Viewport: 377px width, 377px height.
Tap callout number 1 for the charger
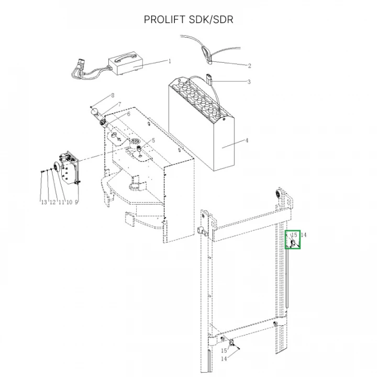170,61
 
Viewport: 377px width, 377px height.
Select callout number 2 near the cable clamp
249,66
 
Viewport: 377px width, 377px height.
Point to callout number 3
249,82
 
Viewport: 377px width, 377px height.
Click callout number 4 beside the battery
247,141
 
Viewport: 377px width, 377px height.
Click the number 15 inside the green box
294,235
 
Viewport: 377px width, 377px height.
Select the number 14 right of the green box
304,235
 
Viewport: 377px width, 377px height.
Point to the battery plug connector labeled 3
211,80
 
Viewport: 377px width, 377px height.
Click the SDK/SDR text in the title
212,20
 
